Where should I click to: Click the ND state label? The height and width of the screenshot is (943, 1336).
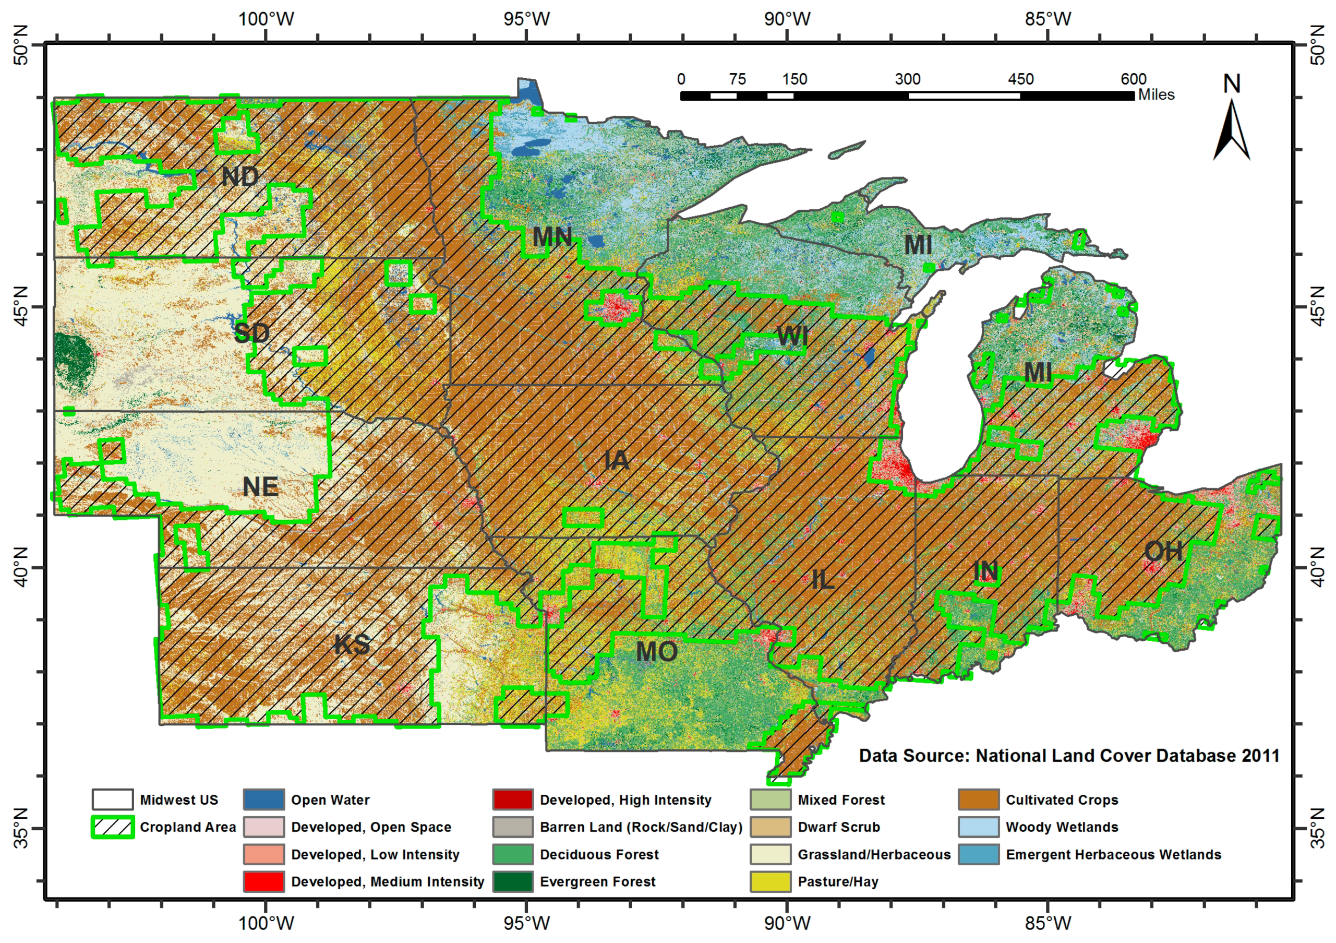pyautogui.click(x=240, y=176)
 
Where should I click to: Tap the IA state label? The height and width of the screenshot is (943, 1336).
pyautogui.click(x=616, y=460)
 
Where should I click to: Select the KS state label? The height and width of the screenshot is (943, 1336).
pyautogui.click(x=352, y=644)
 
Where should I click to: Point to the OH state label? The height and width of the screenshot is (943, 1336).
pyautogui.click(x=1163, y=551)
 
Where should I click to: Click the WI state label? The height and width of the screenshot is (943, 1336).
pyautogui.click(x=792, y=336)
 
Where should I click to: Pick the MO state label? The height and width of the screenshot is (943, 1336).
pyautogui.click(x=656, y=651)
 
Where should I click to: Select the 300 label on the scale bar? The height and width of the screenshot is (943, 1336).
pyautogui.click(x=907, y=79)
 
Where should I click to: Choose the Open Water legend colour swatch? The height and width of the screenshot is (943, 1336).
pyautogui.click(x=263, y=799)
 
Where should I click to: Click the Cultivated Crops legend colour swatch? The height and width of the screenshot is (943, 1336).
pyautogui.click(x=979, y=799)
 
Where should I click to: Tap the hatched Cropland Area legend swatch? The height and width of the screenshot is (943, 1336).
pyautogui.click(x=112, y=827)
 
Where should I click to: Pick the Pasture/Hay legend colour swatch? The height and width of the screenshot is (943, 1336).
pyautogui.click(x=771, y=881)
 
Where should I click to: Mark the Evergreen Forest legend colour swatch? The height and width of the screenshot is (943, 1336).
pyautogui.click(x=512, y=881)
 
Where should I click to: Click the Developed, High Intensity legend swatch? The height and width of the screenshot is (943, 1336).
pyautogui.click(x=512, y=799)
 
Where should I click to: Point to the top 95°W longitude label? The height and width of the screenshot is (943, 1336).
pyautogui.click(x=526, y=19)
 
